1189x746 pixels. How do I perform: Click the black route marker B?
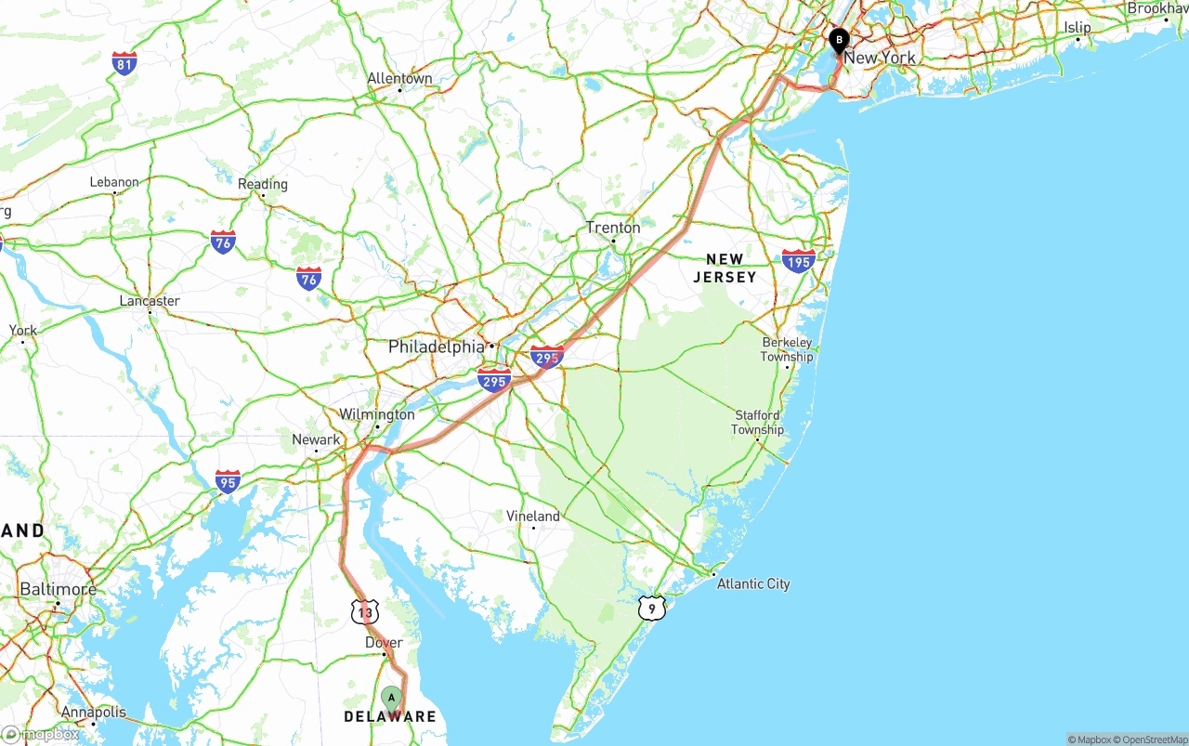(839, 40)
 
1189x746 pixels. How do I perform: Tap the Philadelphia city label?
(436, 347)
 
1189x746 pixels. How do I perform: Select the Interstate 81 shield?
(124, 62)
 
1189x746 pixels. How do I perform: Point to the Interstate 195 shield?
(799, 260)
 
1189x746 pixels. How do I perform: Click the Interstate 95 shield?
(228, 480)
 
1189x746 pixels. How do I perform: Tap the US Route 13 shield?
(365, 611)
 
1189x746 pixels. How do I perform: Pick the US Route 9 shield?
(653, 609)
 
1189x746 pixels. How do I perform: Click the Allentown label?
(399, 79)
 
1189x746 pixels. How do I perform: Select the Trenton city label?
(613, 228)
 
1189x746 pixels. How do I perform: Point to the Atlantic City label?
(753, 583)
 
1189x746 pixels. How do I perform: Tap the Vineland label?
(533, 516)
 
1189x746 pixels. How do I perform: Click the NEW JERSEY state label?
(725, 268)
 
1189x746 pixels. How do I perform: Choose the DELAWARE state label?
(390, 716)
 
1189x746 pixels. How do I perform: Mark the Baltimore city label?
(58, 589)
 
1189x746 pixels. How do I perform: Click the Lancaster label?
(150, 301)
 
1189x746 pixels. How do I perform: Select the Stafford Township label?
(757, 423)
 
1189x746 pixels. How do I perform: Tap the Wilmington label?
(376, 413)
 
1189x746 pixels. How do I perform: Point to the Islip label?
(1078, 28)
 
